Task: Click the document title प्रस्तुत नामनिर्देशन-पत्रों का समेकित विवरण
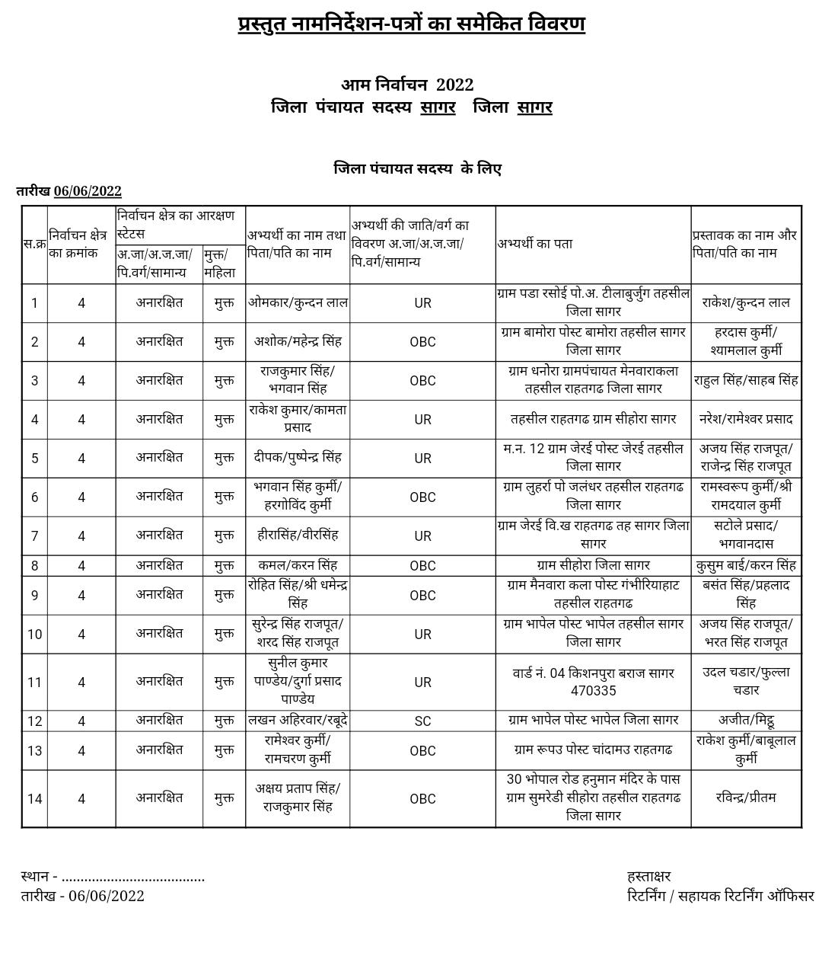tap(411, 24)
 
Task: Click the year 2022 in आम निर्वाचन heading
tap(454, 85)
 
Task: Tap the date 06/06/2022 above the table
tap(88, 191)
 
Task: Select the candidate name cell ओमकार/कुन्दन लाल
tap(298, 302)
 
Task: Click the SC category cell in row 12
tap(422, 721)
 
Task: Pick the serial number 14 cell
tap(34, 798)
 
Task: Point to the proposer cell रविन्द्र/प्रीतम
tap(746, 798)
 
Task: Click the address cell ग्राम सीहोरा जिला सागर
tap(593, 565)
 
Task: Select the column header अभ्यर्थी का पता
tap(535, 244)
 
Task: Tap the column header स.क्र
tap(34, 244)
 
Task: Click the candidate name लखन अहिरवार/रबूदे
tap(298, 720)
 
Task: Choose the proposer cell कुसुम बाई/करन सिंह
tap(746, 565)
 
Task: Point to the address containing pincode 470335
tap(593, 682)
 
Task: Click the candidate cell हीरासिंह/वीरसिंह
tap(298, 535)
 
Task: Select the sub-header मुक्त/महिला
tap(220, 264)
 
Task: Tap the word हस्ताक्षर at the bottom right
tap(648, 876)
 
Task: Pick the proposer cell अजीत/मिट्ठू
tap(746, 720)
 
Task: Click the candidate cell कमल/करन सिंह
tap(298, 565)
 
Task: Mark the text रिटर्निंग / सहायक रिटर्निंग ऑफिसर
tap(720, 895)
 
